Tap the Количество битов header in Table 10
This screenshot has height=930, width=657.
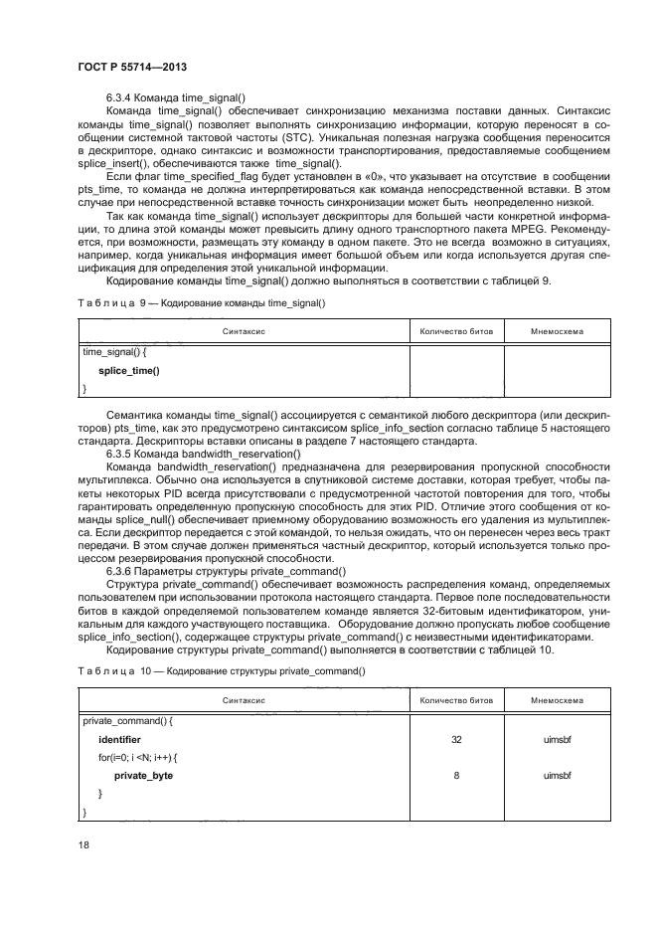point(455,699)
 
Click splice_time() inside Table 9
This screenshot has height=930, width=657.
point(128,370)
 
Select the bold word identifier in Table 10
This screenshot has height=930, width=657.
point(119,740)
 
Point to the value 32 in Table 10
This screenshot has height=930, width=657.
point(455,740)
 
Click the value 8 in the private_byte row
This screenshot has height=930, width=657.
point(455,774)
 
